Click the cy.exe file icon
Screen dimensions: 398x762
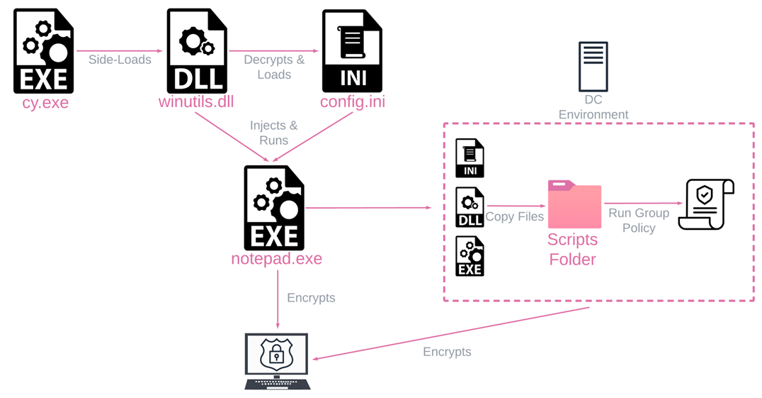coord(44,51)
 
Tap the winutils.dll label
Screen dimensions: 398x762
coord(197,103)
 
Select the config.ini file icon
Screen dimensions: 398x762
coord(353,51)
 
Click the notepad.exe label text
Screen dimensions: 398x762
coord(276,259)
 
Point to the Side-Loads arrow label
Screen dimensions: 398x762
coord(120,60)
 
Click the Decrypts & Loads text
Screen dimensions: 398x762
coord(274,67)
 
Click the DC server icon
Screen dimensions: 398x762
coord(593,65)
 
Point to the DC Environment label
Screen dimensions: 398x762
coord(593,107)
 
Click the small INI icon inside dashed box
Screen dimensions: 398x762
coord(470,157)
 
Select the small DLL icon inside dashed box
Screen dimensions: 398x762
coord(470,206)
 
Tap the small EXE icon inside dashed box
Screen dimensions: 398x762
coord(470,255)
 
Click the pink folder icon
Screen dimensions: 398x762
coord(574,204)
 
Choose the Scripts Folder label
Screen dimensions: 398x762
coord(573,249)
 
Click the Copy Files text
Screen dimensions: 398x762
coord(515,217)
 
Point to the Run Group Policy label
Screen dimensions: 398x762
coord(639,220)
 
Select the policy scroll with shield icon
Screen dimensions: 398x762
coord(705,204)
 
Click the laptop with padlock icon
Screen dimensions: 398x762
coord(277,360)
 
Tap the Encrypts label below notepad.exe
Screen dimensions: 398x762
coord(311,298)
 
